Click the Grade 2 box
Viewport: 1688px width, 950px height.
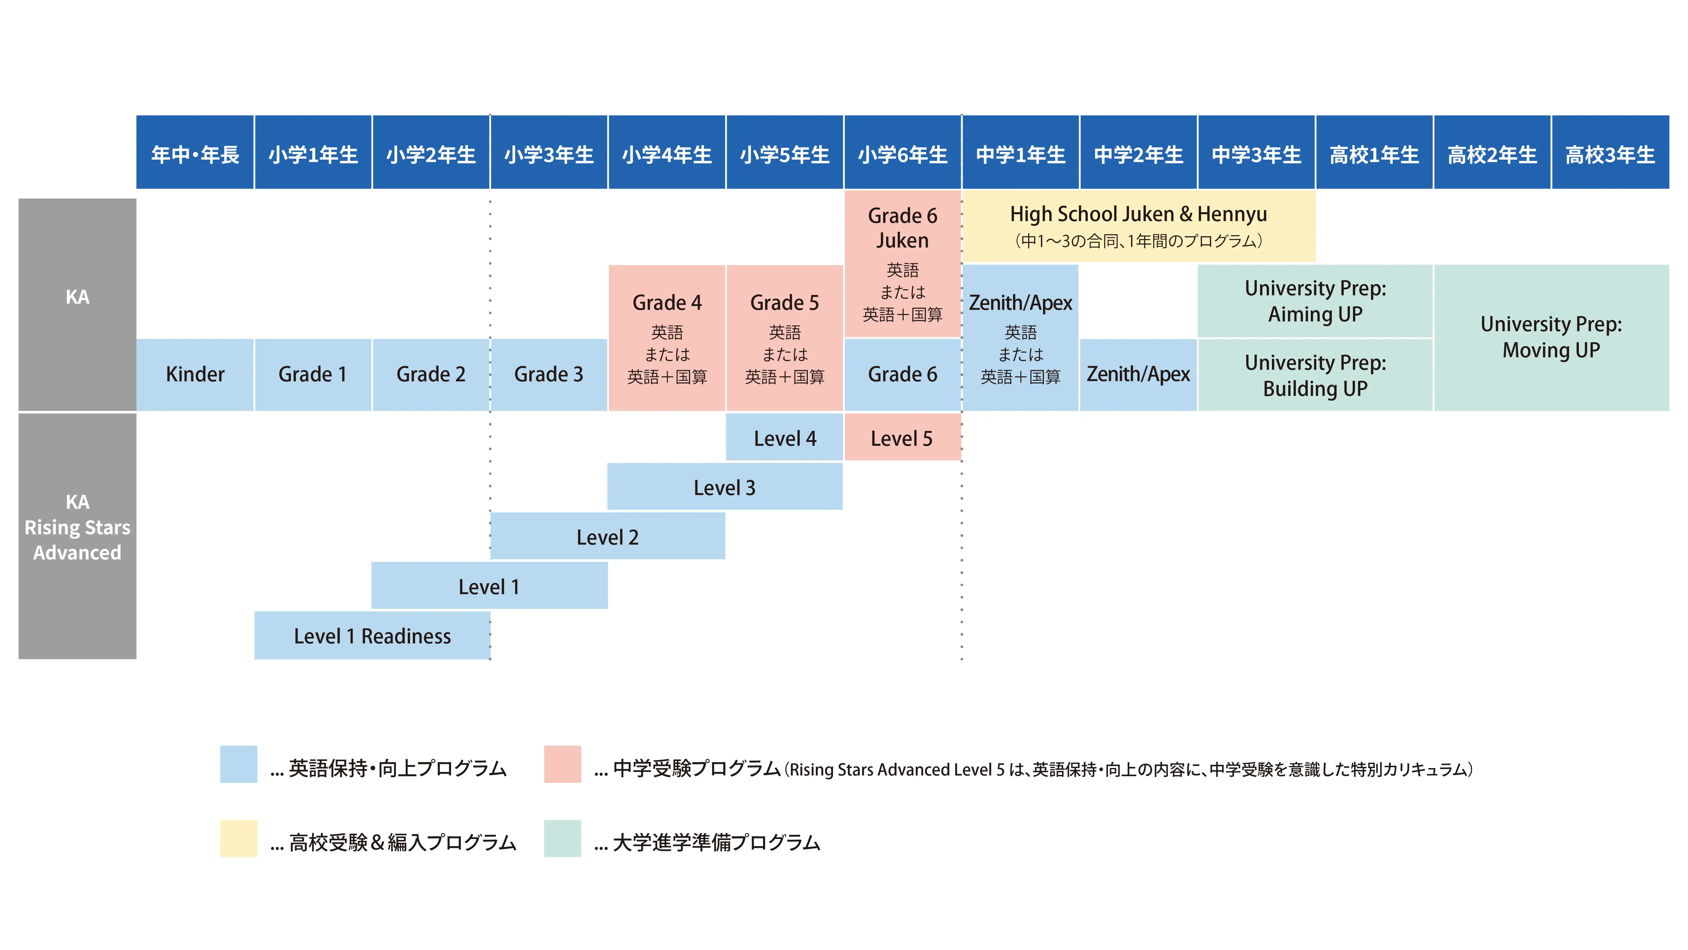pos(431,374)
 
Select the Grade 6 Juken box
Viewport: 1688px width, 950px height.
pos(902,264)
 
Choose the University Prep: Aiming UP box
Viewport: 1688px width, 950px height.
pos(1315,301)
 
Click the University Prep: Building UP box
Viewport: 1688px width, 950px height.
pos(1315,375)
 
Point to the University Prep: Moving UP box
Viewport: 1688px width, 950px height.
pos(1551,338)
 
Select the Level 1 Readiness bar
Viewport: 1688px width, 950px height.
pos(372,635)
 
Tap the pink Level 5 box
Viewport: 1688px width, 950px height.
pos(902,438)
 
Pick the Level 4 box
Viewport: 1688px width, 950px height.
pos(784,438)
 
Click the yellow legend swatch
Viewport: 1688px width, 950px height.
pos(238,838)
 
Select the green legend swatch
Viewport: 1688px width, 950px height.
pos(562,838)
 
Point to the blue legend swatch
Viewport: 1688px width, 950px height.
pos(238,764)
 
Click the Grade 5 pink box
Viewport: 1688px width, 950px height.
pos(784,338)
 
